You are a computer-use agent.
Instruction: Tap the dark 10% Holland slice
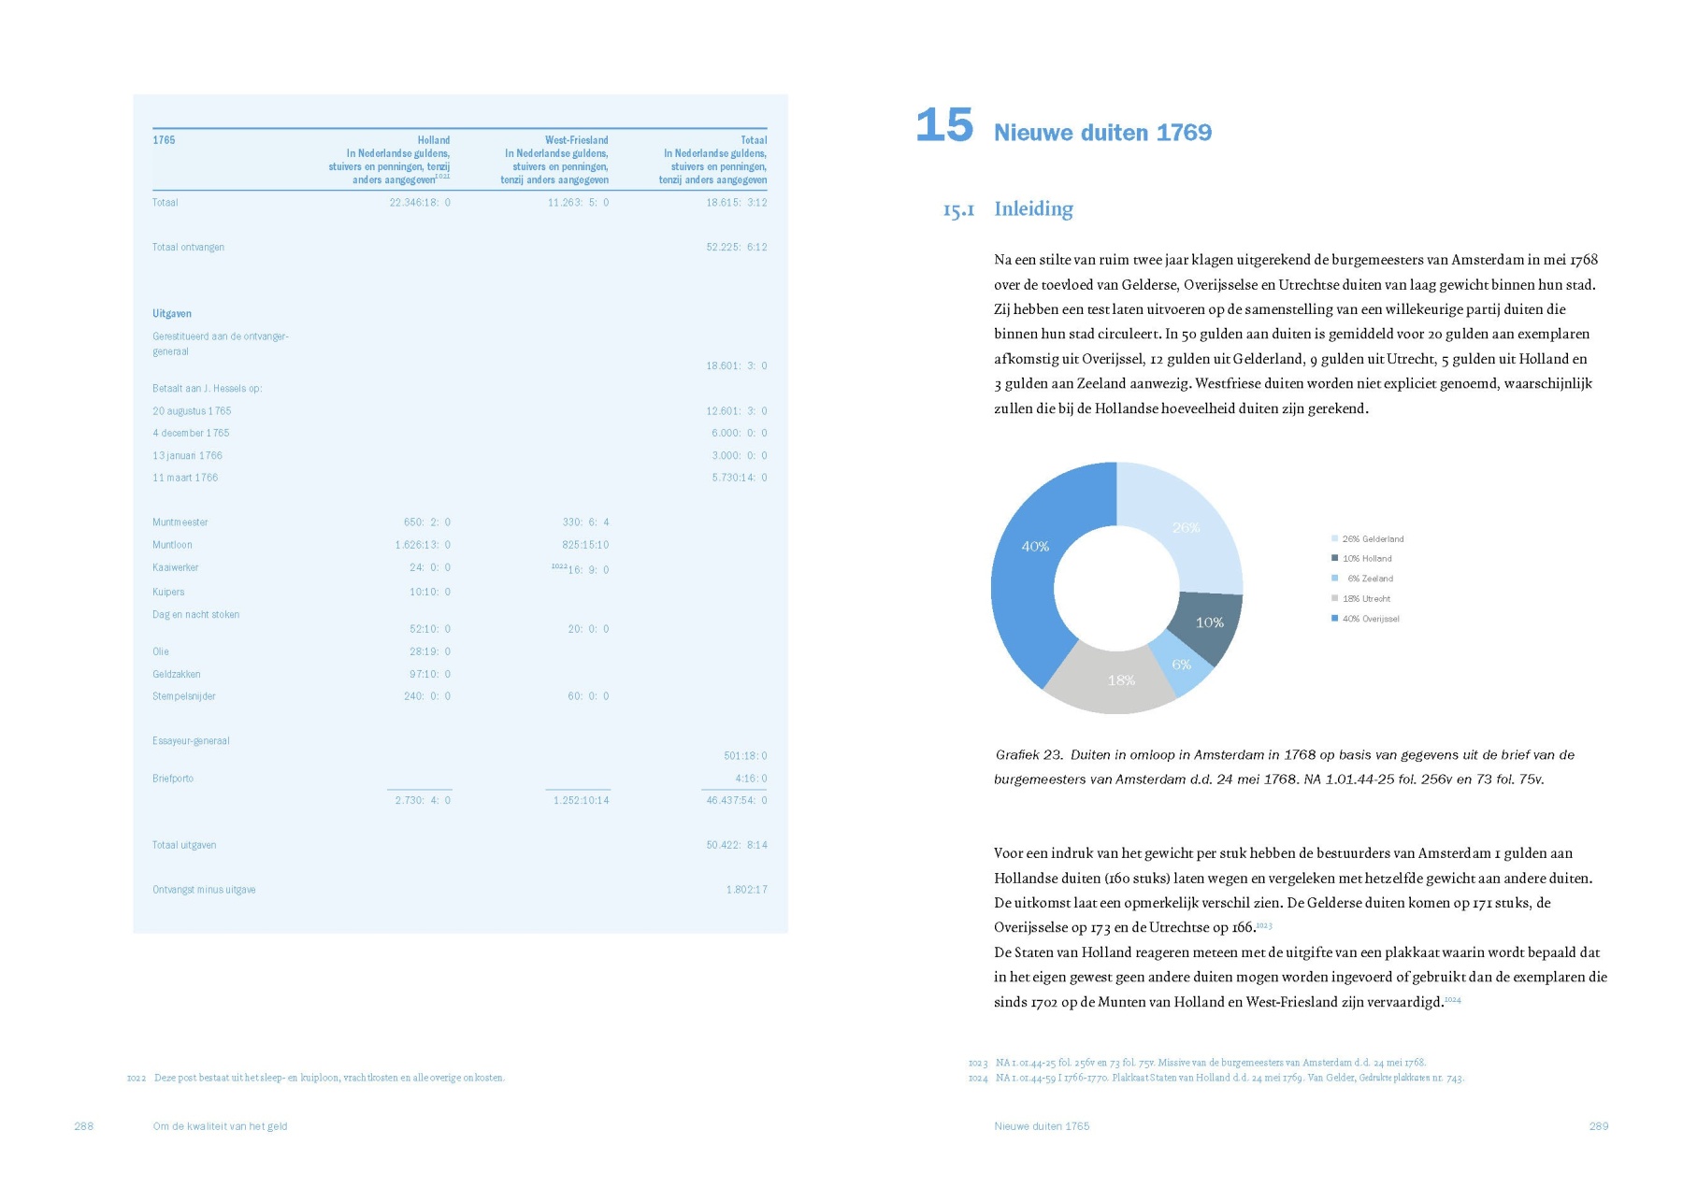1208,622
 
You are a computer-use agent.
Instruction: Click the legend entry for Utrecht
1366,599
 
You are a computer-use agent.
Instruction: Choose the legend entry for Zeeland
1370,579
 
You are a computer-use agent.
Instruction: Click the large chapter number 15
943,126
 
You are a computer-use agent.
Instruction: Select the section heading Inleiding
1033,208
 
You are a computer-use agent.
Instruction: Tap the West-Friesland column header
576,140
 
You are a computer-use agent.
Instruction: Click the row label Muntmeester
180,522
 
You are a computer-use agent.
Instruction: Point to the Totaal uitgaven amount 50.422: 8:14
736,845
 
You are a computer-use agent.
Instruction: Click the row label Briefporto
173,779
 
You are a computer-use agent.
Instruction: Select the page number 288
84,1126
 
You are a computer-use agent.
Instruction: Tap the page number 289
1598,1126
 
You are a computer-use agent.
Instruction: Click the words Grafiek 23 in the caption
1028,755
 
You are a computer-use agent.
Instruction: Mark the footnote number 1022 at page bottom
137,1079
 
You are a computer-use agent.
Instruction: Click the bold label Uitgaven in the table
172,314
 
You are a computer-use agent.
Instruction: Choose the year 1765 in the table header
164,140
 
